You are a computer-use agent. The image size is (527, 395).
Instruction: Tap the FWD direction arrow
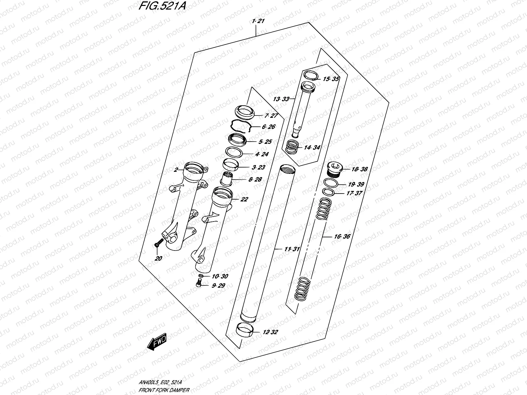157,341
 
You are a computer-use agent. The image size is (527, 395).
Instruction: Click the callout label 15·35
330,79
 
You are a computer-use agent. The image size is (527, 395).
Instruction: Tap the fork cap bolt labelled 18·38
334,169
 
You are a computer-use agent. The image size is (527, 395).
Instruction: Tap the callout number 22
244,199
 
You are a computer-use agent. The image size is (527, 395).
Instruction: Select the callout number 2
176,170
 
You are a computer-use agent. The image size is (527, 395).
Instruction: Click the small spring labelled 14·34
291,147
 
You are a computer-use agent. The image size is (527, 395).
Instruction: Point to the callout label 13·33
281,99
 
